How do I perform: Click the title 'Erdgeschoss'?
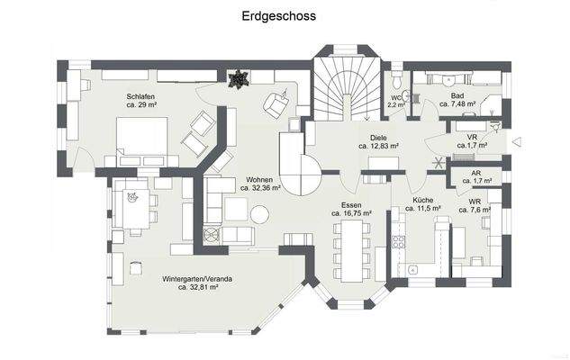point(278,16)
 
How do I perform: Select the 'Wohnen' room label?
point(259,179)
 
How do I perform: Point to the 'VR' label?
point(471,136)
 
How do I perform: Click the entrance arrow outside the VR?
point(515,141)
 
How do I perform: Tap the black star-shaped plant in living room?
point(238,79)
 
